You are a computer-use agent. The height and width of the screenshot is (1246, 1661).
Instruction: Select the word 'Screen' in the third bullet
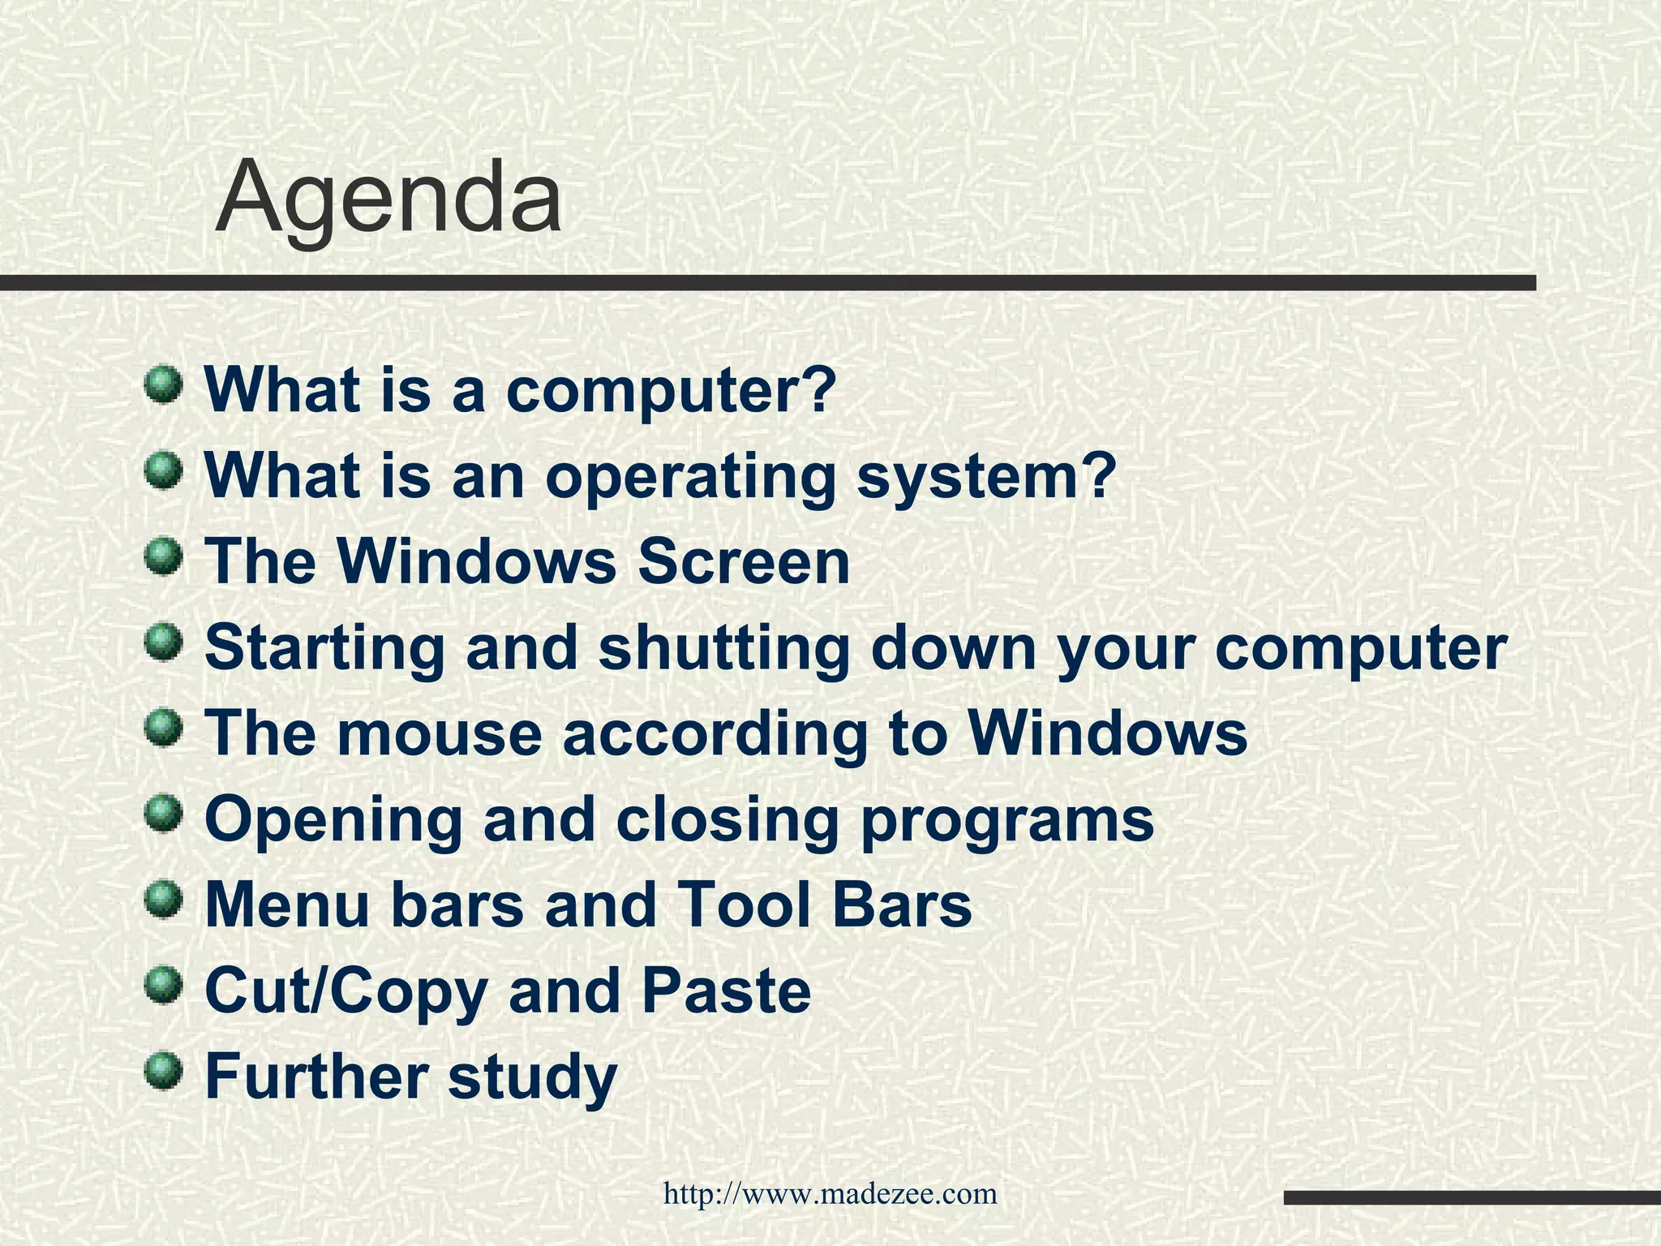pyautogui.click(x=744, y=561)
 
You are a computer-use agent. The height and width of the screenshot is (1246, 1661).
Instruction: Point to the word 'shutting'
pyautogui.click(x=724, y=648)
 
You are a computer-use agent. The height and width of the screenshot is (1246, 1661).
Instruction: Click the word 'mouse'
pyautogui.click(x=438, y=733)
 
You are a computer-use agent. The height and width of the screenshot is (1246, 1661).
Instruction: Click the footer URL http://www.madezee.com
pyautogui.click(x=830, y=1194)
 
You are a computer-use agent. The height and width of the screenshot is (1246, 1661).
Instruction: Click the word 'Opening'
pyautogui.click(x=333, y=821)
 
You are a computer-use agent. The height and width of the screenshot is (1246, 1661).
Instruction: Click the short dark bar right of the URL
pyautogui.click(x=1471, y=1197)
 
